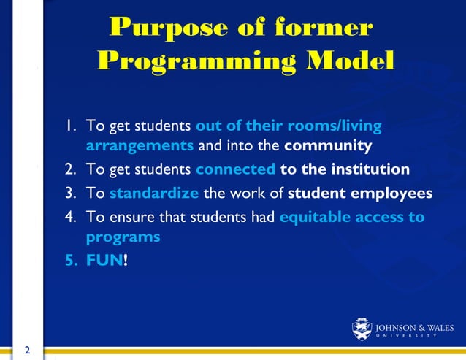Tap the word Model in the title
coord(346,61)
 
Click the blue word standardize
coord(153,194)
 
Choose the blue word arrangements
coord(140,145)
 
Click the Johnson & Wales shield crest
coord(362,329)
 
